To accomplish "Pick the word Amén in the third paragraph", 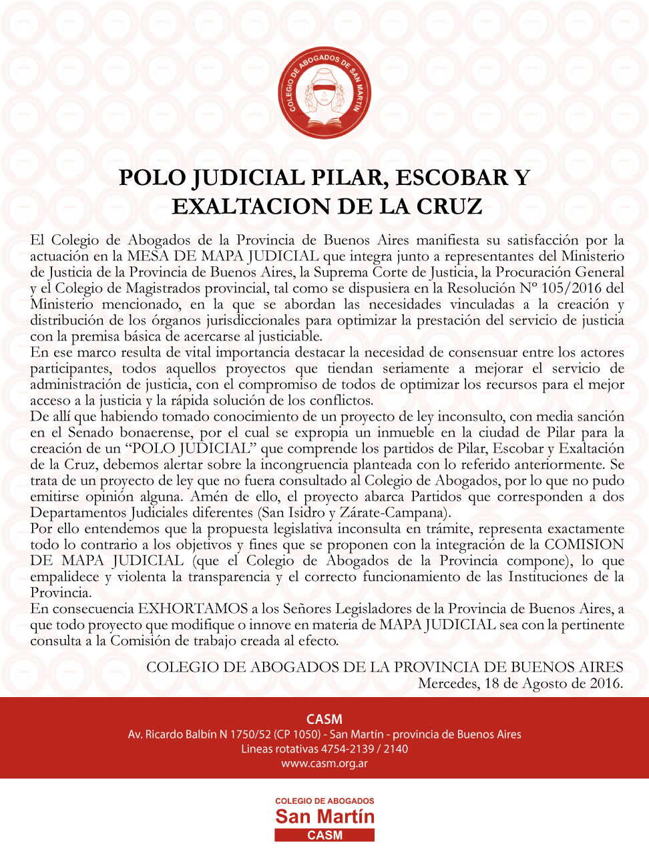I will coord(208,497).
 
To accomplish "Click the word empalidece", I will coord(64,577).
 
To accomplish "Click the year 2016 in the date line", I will coord(605,683).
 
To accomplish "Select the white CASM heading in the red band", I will coord(324,719).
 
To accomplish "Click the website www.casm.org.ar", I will coord(324,763).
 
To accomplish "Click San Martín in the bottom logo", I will coord(324,816).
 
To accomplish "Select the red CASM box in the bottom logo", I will coord(324,835).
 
